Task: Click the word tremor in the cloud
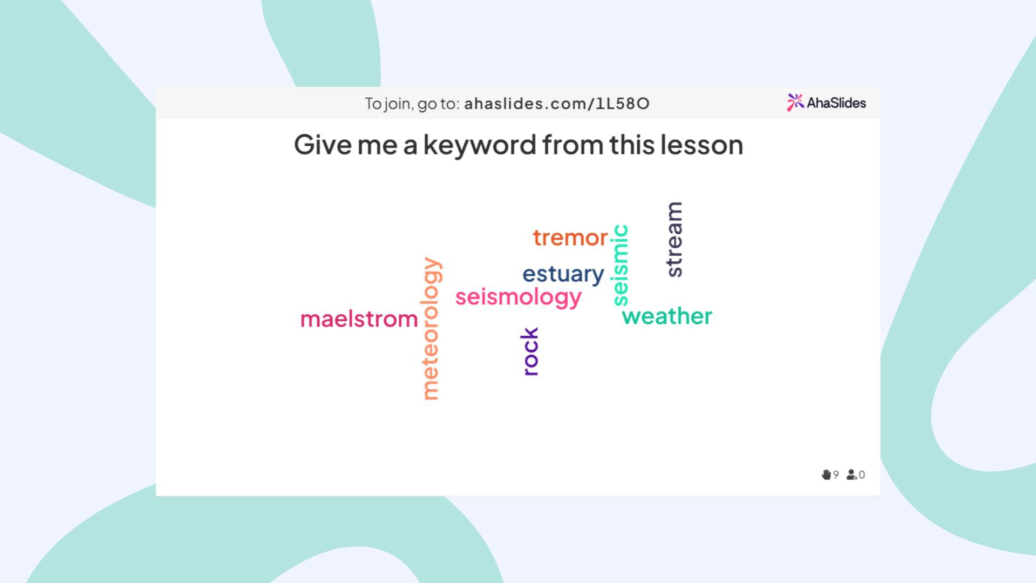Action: click(x=570, y=238)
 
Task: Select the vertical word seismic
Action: click(x=621, y=265)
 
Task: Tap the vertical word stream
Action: click(x=674, y=239)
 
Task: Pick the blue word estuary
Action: click(x=563, y=274)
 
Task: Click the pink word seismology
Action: click(x=518, y=297)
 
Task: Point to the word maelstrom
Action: click(x=359, y=319)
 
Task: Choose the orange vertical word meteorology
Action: click(x=431, y=328)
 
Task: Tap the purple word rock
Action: click(x=530, y=351)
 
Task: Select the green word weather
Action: click(x=667, y=316)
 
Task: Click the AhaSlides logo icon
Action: click(x=795, y=102)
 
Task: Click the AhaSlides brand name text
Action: click(x=836, y=103)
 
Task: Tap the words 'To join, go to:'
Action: click(x=412, y=104)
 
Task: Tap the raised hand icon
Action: click(x=826, y=474)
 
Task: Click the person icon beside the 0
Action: click(x=851, y=474)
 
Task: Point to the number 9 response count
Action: click(x=836, y=474)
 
